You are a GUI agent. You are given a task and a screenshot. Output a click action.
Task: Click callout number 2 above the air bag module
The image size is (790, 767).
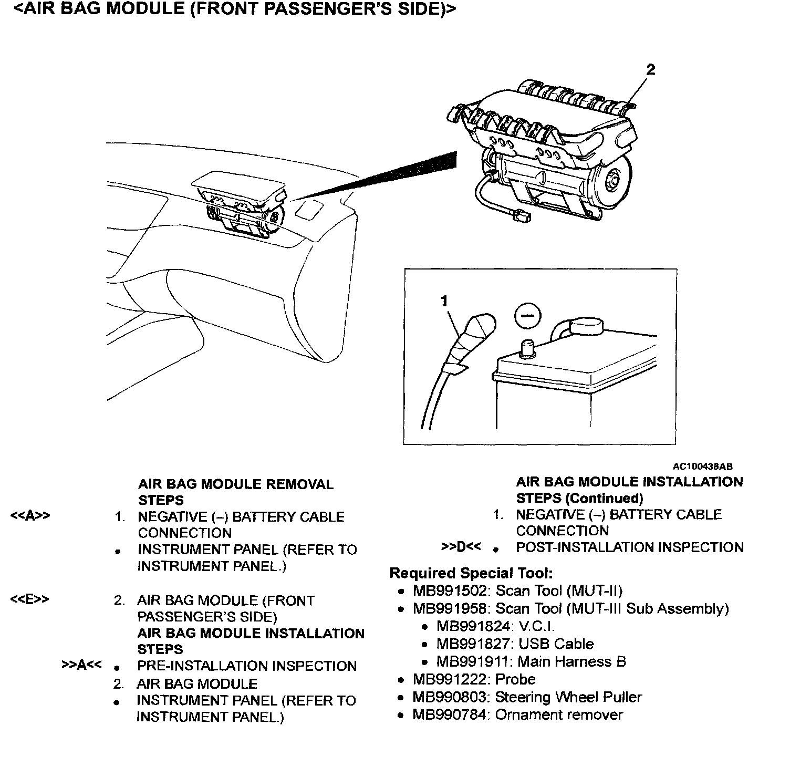tap(651, 70)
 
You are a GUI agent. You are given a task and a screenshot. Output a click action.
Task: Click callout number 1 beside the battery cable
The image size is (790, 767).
tap(444, 300)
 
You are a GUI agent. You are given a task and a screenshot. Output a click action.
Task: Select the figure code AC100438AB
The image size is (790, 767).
tap(703, 467)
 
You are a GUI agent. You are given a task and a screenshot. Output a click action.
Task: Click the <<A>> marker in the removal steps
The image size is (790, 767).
tap(30, 516)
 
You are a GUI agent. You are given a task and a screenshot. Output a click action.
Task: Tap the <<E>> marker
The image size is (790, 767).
tap(30, 599)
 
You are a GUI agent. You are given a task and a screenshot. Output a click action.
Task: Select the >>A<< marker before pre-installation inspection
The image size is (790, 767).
tap(81, 665)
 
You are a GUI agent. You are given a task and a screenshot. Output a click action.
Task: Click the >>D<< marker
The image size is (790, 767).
tap(461, 547)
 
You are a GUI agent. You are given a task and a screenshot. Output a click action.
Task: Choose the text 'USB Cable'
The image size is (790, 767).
tap(556, 644)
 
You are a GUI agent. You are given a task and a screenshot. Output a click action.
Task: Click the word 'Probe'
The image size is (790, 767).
tap(515, 679)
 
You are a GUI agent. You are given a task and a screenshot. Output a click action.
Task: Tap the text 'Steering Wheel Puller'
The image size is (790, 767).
tap(568, 697)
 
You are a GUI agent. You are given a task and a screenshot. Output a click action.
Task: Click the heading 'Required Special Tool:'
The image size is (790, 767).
tap(471, 573)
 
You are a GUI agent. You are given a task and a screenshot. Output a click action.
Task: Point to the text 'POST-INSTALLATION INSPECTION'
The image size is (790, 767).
tap(630, 547)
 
